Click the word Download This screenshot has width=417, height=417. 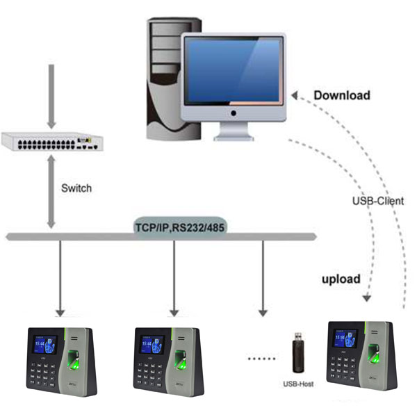[x=342, y=95]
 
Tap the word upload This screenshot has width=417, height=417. [x=340, y=279]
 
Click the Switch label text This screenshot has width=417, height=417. [x=76, y=188]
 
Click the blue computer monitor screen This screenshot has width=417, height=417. [x=232, y=72]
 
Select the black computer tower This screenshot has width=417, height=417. [x=163, y=76]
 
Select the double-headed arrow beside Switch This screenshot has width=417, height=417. [x=50, y=192]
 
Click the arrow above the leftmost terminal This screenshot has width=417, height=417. [x=60, y=278]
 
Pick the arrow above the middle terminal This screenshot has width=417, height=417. [x=174, y=278]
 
